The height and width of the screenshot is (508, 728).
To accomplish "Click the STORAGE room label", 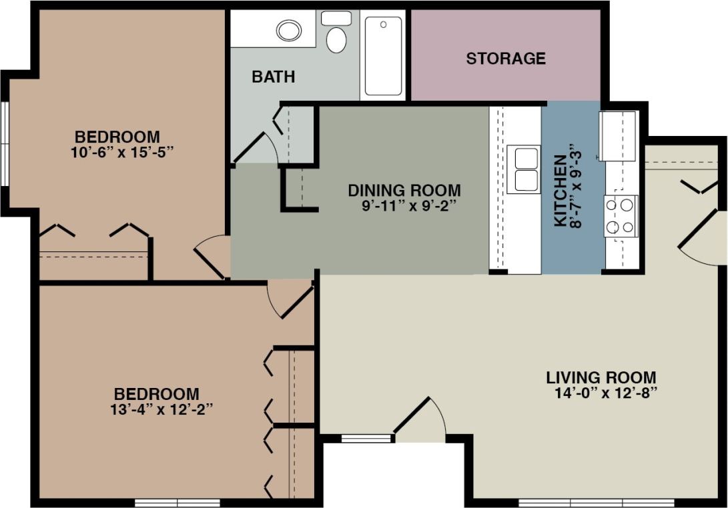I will pyautogui.click(x=506, y=59).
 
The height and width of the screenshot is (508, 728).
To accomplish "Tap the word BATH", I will pyautogui.click(x=273, y=77).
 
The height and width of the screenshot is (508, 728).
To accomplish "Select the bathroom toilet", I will pyautogui.click(x=336, y=33).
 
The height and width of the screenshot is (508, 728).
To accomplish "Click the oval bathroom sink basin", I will pyautogui.click(x=289, y=31).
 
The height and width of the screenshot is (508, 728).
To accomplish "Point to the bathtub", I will pyautogui.click(x=384, y=56).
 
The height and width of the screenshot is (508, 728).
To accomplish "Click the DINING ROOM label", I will pyautogui.click(x=404, y=191).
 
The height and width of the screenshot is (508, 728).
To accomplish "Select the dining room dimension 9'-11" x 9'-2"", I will pyautogui.click(x=408, y=206).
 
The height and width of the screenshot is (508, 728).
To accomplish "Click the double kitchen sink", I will pyautogui.click(x=524, y=169).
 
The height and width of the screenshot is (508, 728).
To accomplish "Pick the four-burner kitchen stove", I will pyautogui.click(x=621, y=216).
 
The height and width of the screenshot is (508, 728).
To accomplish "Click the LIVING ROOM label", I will pyautogui.click(x=601, y=377).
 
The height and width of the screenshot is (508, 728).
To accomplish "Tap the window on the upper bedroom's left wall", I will pyautogui.click(x=5, y=143).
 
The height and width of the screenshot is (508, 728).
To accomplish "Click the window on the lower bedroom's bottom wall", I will pyautogui.click(x=177, y=503).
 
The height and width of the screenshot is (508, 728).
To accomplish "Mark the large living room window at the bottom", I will pyautogui.click(x=597, y=503).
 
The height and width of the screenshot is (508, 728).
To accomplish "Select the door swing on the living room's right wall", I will pyautogui.click(x=702, y=238).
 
